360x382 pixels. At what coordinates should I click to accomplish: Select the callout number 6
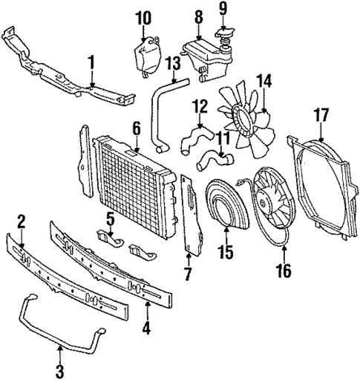click(x=136, y=129)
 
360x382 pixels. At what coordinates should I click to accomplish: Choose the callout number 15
click(x=225, y=253)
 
